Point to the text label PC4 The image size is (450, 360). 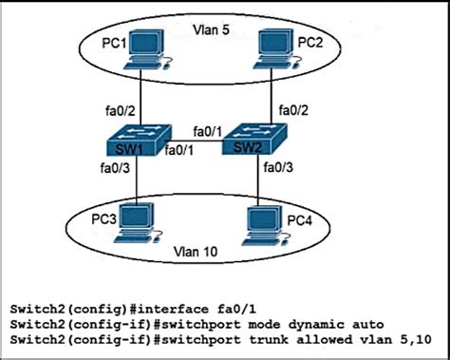point(298,220)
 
